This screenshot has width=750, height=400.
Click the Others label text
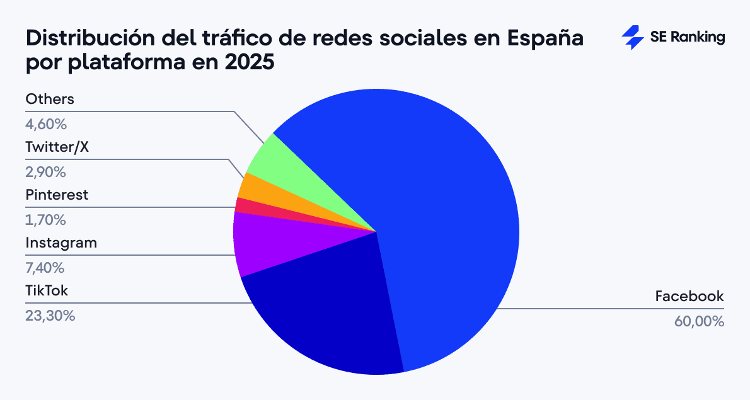(x=50, y=99)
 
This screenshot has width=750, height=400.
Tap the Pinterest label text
(x=57, y=195)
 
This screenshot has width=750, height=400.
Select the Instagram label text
(x=61, y=243)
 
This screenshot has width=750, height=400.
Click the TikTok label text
(x=47, y=290)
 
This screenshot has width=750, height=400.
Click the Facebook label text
(x=689, y=296)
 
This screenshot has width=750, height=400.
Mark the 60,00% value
(x=699, y=321)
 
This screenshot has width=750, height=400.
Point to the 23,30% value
(x=50, y=316)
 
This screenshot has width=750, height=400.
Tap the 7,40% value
(x=45, y=268)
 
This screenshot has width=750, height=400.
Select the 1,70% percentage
(x=45, y=220)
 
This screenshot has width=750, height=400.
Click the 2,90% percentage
(x=45, y=172)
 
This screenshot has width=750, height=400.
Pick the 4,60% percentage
(x=45, y=124)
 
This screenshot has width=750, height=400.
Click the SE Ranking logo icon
(x=632, y=38)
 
